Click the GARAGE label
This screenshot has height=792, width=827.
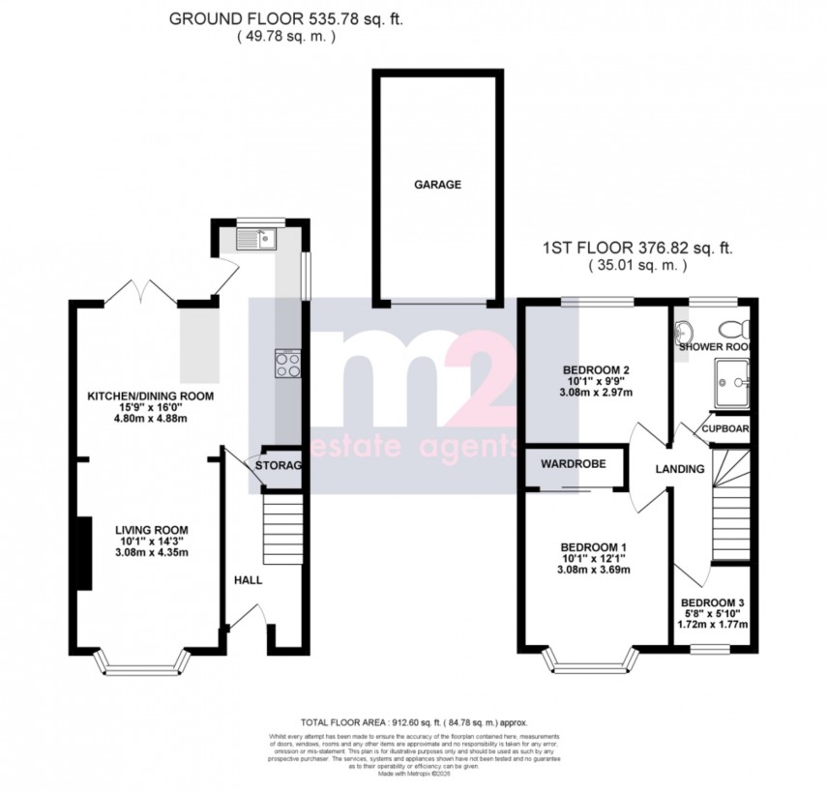click(x=439, y=185)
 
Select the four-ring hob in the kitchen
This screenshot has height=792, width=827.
click(x=288, y=364)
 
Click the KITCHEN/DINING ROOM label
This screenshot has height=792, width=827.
click(x=150, y=396)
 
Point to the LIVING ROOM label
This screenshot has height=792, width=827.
click(x=151, y=530)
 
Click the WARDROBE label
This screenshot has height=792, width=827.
click(x=574, y=464)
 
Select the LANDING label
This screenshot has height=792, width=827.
click(x=676, y=469)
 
